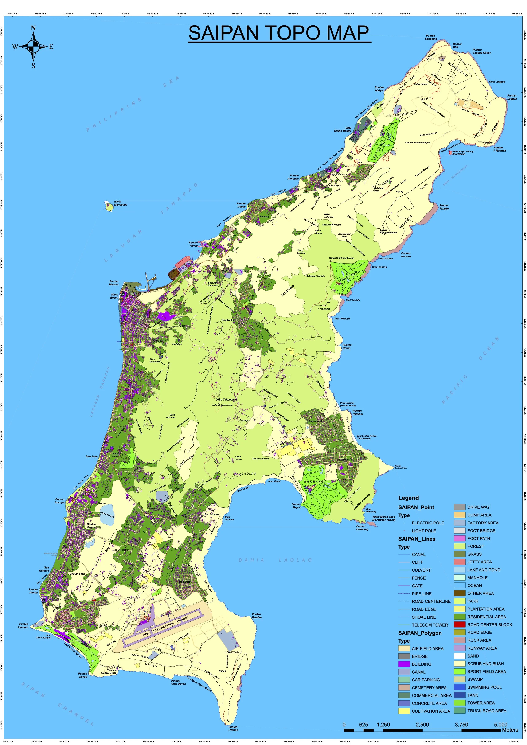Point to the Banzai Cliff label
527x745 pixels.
[457, 45]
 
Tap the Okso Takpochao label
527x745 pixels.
[226, 399]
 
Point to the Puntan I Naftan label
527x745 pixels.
[233, 729]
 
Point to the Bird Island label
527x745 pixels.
[458, 154]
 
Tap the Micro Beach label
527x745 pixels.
[114, 296]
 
